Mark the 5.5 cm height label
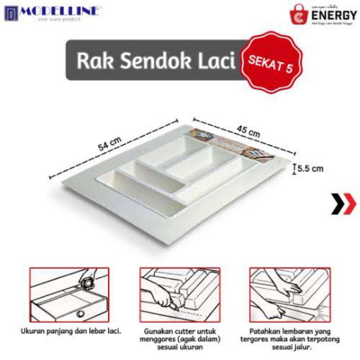click(311, 169)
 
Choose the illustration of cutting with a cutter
click(180, 293)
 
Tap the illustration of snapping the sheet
click(289, 293)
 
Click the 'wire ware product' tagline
click(59, 19)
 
